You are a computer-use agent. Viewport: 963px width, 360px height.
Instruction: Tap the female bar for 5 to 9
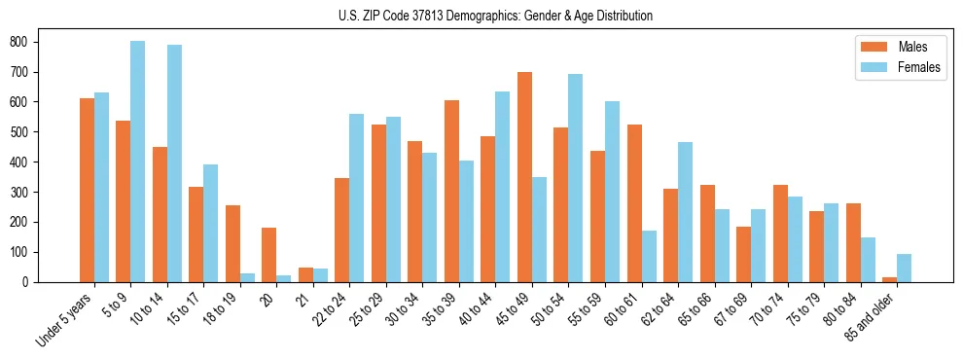[138, 162]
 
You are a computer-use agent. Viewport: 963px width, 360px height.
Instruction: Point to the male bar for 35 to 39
[451, 191]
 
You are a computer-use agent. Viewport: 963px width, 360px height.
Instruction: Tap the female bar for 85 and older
[904, 268]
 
